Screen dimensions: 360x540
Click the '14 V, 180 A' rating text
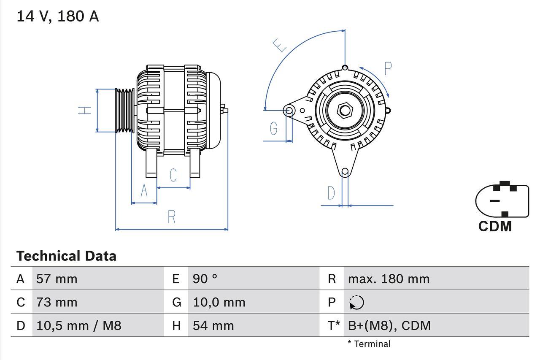(57, 16)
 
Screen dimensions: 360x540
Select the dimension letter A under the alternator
(144, 191)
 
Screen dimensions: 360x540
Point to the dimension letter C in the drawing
(173, 175)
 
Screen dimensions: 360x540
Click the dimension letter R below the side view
(171, 217)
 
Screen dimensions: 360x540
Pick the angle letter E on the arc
(280, 45)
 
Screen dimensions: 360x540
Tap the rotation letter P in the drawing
(388, 68)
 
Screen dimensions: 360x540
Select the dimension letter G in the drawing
(274, 128)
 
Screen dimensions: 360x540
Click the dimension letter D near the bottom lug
(331, 193)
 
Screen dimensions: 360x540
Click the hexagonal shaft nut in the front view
(345, 111)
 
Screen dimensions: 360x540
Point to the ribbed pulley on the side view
(125, 111)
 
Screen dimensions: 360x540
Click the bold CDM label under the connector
(495, 227)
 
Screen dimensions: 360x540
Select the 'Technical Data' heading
(66, 256)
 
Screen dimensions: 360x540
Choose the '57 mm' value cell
(57, 279)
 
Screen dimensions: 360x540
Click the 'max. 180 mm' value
(389, 279)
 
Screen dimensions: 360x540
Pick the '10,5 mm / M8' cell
(79, 326)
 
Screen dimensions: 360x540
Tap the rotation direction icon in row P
(356, 303)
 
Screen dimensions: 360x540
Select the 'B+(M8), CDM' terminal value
(389, 326)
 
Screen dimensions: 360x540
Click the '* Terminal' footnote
(369, 344)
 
